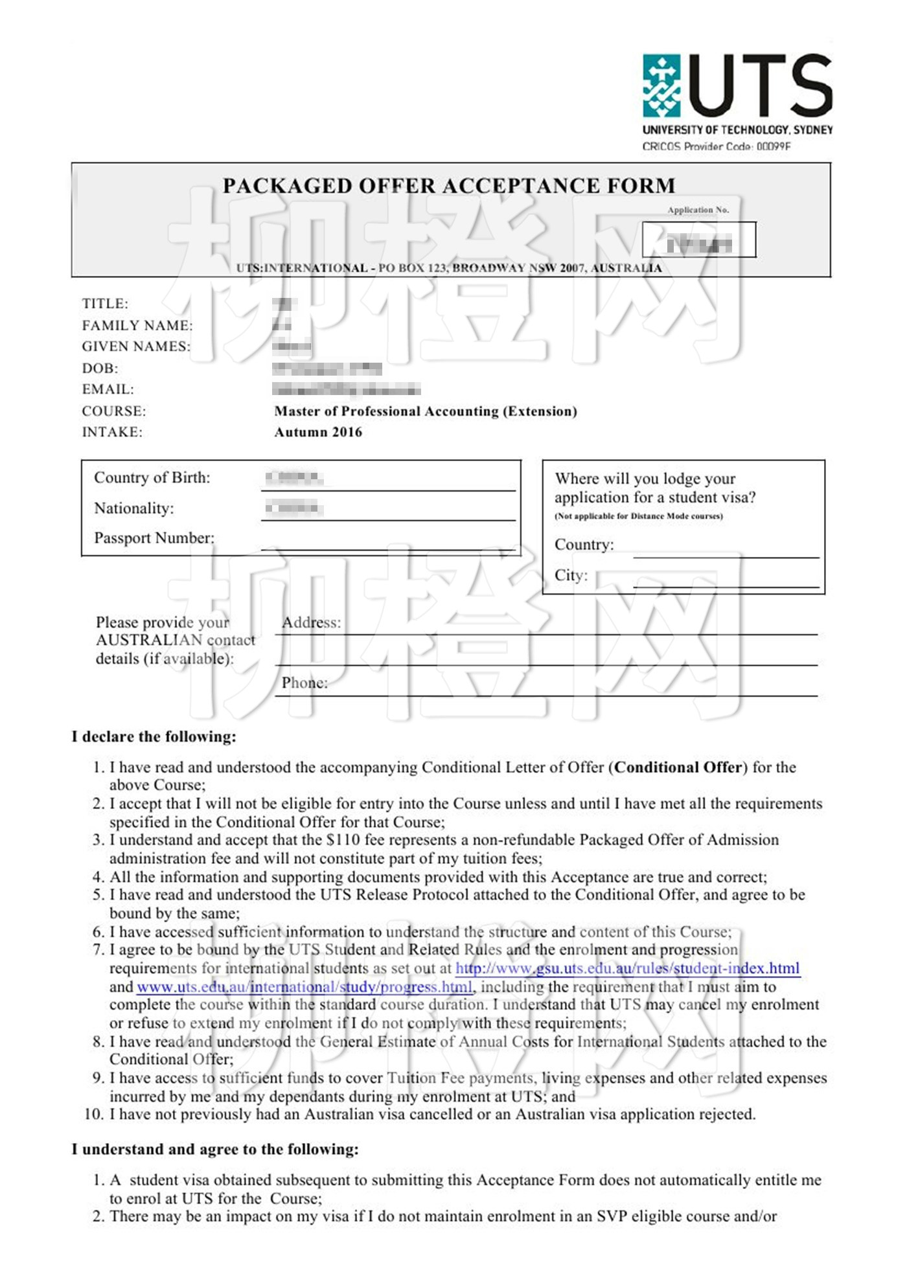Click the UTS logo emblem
pyautogui.click(x=661, y=85)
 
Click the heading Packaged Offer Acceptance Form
pyautogui.click(x=449, y=186)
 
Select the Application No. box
pyautogui.click(x=698, y=240)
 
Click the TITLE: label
pyautogui.click(x=105, y=304)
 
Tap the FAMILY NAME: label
pyautogui.click(x=137, y=325)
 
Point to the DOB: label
pyautogui.click(x=100, y=369)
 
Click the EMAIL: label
pyautogui.click(x=108, y=389)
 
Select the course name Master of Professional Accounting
pyautogui.click(x=425, y=411)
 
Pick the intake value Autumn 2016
pyautogui.click(x=318, y=432)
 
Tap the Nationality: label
pyautogui.click(x=134, y=508)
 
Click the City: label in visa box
pyautogui.click(x=571, y=575)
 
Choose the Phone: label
pyautogui.click(x=304, y=683)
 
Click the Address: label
pyautogui.click(x=311, y=622)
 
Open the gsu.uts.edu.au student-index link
pyautogui.click(x=627, y=968)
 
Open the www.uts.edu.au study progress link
pyautogui.click(x=304, y=987)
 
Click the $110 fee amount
pyautogui.click(x=343, y=840)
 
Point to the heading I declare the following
pyautogui.click(x=154, y=736)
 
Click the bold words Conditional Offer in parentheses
pyautogui.click(x=678, y=767)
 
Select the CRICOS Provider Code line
pyautogui.click(x=716, y=146)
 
